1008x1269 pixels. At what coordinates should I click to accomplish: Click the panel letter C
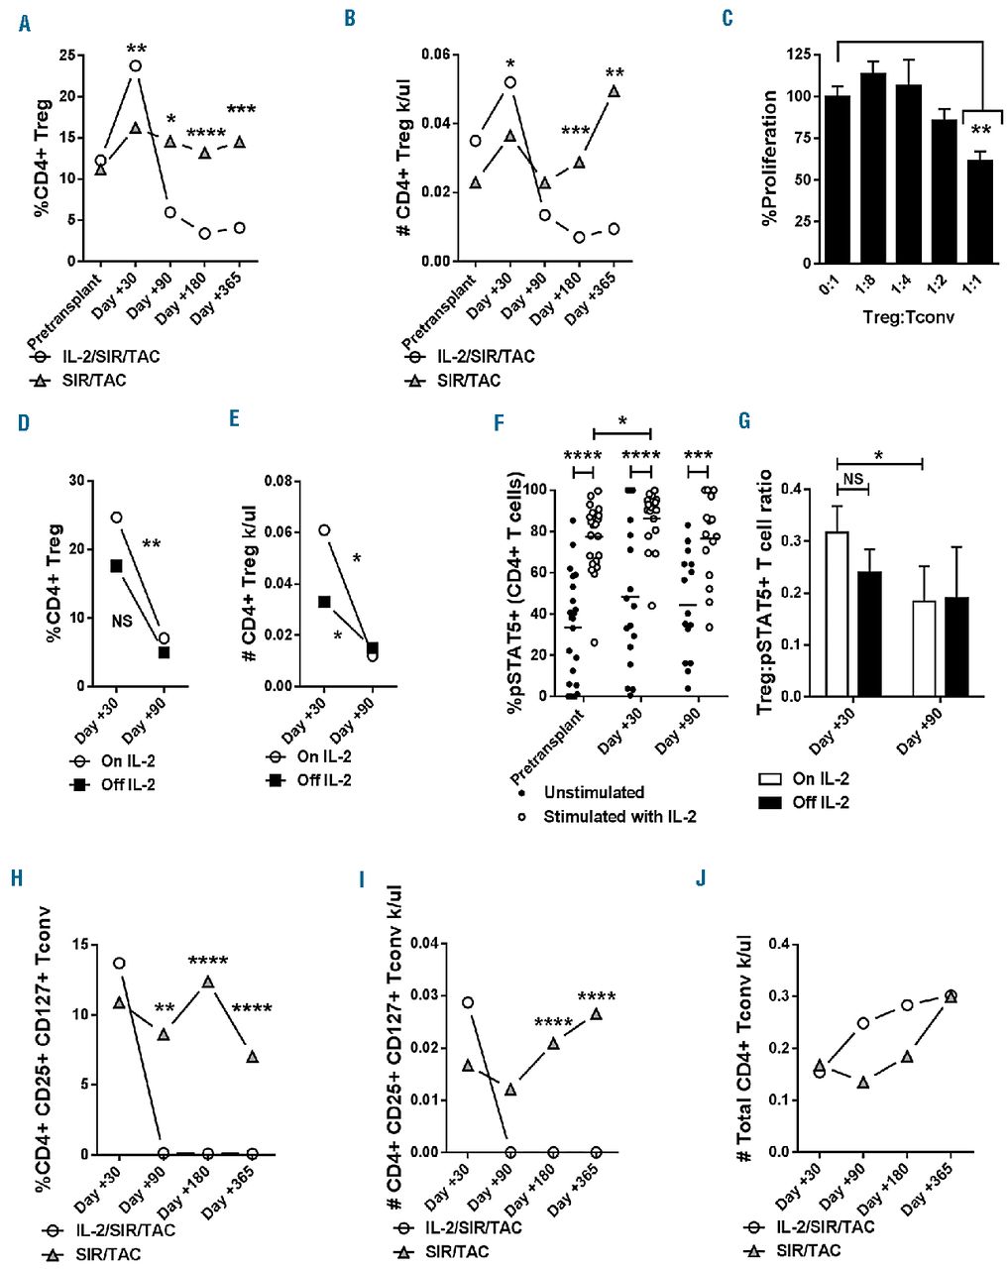(728, 19)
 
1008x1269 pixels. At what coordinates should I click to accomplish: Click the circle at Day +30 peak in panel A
(135, 66)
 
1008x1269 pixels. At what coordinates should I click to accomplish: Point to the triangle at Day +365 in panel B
(615, 91)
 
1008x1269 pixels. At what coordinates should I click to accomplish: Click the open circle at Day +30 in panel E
(325, 529)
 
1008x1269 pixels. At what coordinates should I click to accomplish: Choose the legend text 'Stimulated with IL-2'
(619, 817)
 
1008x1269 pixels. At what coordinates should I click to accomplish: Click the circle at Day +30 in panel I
(467, 1002)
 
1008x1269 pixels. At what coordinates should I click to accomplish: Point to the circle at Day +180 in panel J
(906, 1004)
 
